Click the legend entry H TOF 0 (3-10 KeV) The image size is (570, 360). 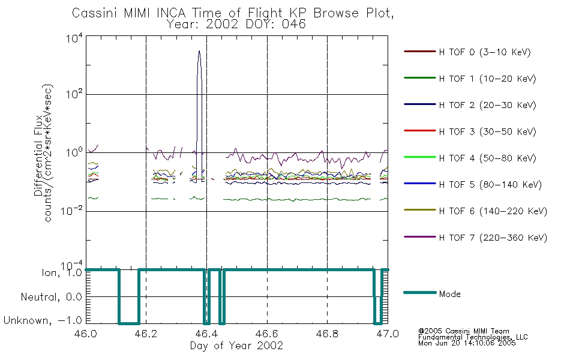[485, 52]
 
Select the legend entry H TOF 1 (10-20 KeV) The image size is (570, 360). [487, 79]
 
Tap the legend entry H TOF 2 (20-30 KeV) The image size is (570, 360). [487, 105]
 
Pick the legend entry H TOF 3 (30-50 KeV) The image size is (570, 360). [487, 131]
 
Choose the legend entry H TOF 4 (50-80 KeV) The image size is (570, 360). [487, 158]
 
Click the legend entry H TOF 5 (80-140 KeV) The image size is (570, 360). [490, 185]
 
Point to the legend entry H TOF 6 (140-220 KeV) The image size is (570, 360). [493, 211]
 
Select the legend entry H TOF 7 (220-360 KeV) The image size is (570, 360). [493, 238]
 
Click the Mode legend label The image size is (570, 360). [449, 294]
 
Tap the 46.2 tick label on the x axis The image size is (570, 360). [146, 334]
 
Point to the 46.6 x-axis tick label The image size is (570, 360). [267, 334]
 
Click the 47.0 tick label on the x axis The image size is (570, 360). [388, 334]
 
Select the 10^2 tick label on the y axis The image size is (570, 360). [74, 94]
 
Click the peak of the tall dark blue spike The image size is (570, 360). [199, 50]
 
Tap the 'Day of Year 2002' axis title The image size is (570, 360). [236, 346]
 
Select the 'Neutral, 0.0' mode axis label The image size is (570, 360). [51, 297]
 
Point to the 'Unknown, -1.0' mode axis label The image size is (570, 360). [43, 320]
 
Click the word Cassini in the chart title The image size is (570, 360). [95, 13]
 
